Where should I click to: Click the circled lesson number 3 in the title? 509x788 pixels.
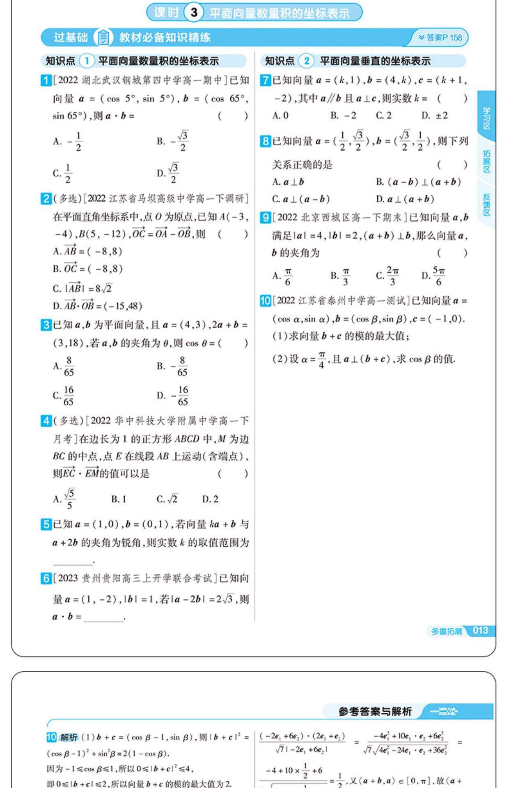[x=194, y=12]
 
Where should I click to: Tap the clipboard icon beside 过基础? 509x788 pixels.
[x=103, y=37]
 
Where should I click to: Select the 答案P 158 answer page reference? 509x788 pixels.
[x=440, y=38]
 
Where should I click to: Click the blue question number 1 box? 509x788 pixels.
[x=46, y=80]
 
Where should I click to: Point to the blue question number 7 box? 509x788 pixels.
[x=265, y=80]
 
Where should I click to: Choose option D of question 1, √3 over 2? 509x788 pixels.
[x=168, y=173]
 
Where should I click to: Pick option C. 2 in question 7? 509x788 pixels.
[x=384, y=116]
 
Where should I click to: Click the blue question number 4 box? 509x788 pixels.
[x=46, y=421]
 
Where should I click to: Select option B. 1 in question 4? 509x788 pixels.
[x=119, y=499]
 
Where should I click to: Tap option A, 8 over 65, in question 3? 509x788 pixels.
[x=64, y=366]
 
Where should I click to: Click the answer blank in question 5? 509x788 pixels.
[x=73, y=561]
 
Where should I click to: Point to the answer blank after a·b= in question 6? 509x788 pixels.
[x=103, y=617]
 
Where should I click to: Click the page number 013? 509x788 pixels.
[x=481, y=630]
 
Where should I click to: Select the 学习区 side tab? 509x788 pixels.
[x=486, y=118]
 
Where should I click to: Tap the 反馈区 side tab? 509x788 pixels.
[x=486, y=205]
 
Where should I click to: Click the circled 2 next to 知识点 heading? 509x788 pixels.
[x=306, y=61]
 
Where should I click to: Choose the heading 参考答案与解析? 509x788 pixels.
[x=375, y=711]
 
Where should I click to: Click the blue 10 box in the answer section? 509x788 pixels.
[x=51, y=737]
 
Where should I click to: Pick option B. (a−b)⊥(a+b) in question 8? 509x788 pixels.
[x=418, y=182]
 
